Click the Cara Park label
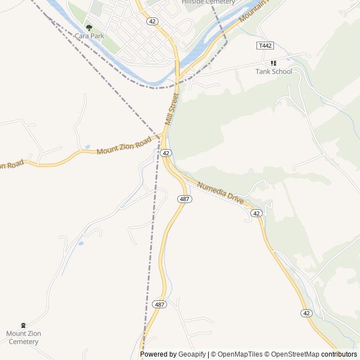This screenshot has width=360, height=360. pos(89,35)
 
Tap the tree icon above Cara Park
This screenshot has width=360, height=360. pos(89,28)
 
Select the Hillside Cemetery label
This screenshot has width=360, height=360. pos(208,2)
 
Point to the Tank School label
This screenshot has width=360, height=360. pos(274,71)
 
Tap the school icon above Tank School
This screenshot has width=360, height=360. pos(274,63)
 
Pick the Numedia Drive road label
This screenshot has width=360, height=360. pos(220,192)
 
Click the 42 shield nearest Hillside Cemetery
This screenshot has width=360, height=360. pos(152,21)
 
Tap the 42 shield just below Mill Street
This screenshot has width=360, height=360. pos(165,153)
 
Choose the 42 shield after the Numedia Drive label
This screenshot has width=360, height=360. pos(256,213)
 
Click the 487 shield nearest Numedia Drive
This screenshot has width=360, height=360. pos(184,199)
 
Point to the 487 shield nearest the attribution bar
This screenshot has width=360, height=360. pos(159,304)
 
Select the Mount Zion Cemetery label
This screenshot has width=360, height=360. pos(24,337)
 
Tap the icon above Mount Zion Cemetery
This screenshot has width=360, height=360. pos(23,326)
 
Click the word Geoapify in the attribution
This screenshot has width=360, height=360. pos(192,354)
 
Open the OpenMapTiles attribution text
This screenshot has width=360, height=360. pos(240,354)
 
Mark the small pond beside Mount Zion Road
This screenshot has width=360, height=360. pos(87,147)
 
